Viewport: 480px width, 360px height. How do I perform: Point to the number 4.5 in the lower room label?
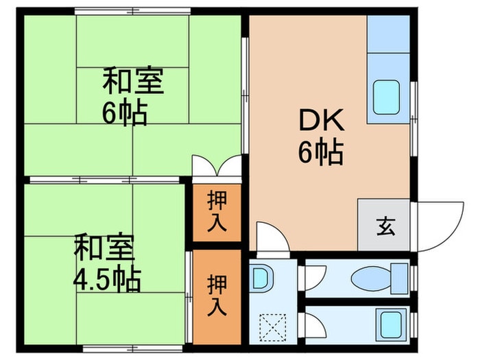tap(94, 280)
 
